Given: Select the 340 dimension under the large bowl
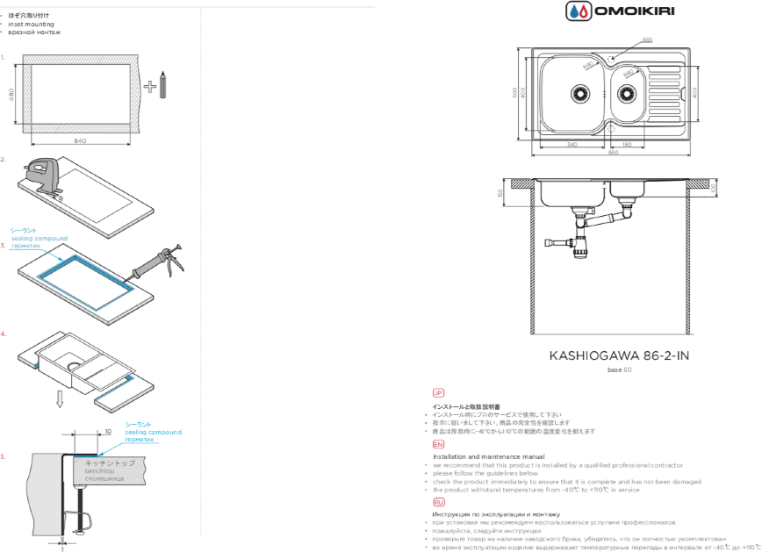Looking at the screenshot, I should tap(571, 144).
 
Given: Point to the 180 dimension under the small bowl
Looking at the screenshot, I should tap(627, 144).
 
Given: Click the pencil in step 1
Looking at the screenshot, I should tap(162, 86).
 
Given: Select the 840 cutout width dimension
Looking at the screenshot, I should tap(80, 140).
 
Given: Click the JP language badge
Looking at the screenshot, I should tap(438, 393).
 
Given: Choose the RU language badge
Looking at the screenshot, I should tap(438, 500).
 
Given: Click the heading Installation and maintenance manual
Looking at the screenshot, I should tap(489, 456).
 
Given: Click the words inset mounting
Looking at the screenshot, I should tap(32, 24).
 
